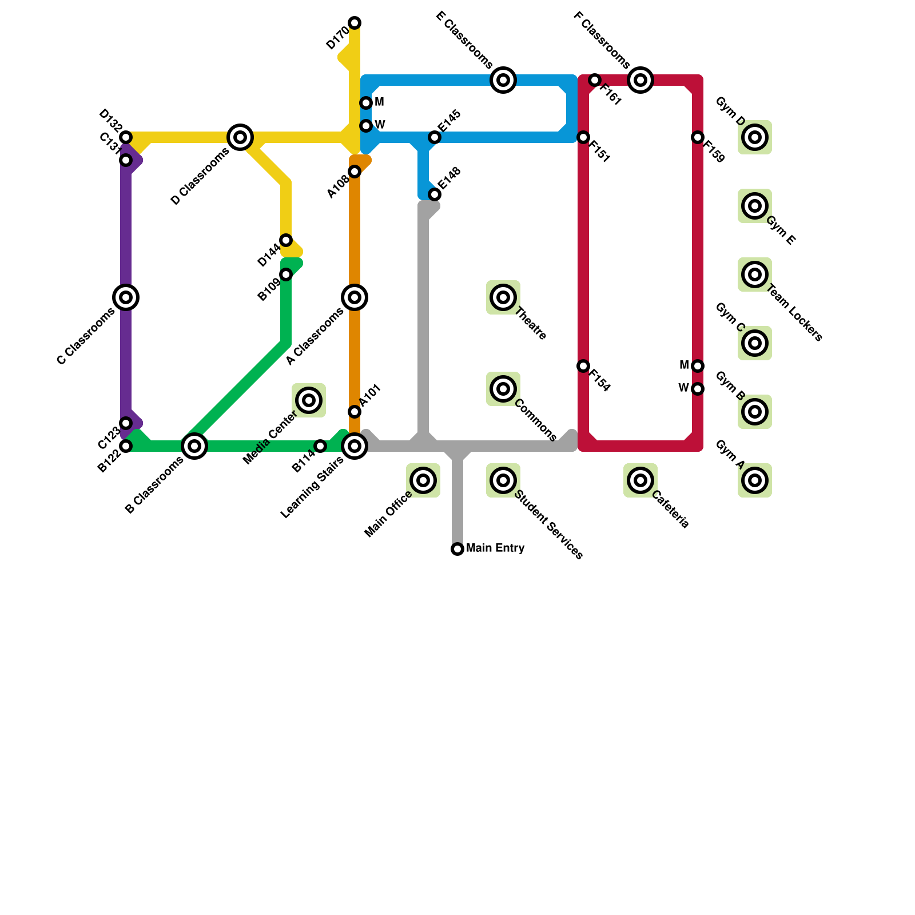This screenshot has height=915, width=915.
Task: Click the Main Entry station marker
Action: tap(457, 549)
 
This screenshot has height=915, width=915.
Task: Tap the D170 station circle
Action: tap(355, 23)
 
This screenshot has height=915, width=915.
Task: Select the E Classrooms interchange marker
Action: tap(503, 80)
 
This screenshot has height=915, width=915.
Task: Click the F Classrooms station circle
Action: tap(640, 80)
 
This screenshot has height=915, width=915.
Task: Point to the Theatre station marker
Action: tap(503, 297)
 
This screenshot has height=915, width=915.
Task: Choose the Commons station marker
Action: tap(503, 389)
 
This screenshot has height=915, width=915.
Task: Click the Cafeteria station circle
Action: tap(640, 480)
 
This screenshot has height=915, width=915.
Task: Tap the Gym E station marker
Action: tap(755, 206)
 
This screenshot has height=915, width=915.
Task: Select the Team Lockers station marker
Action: tap(755, 274)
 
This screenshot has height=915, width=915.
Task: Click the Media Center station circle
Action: tap(309, 400)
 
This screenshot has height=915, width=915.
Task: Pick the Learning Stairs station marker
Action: tap(355, 446)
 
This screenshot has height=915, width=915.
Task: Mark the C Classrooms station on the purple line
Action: tap(126, 297)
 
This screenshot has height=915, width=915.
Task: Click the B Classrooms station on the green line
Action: tap(194, 446)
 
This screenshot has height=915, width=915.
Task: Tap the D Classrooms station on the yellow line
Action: tap(240, 137)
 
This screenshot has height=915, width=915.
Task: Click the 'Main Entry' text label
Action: tap(495, 548)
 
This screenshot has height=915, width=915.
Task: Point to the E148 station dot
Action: tap(435, 194)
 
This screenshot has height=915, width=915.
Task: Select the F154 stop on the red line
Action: tap(583, 366)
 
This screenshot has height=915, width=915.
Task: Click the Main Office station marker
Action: tap(423, 480)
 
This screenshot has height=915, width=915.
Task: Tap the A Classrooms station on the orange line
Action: tap(355, 297)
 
